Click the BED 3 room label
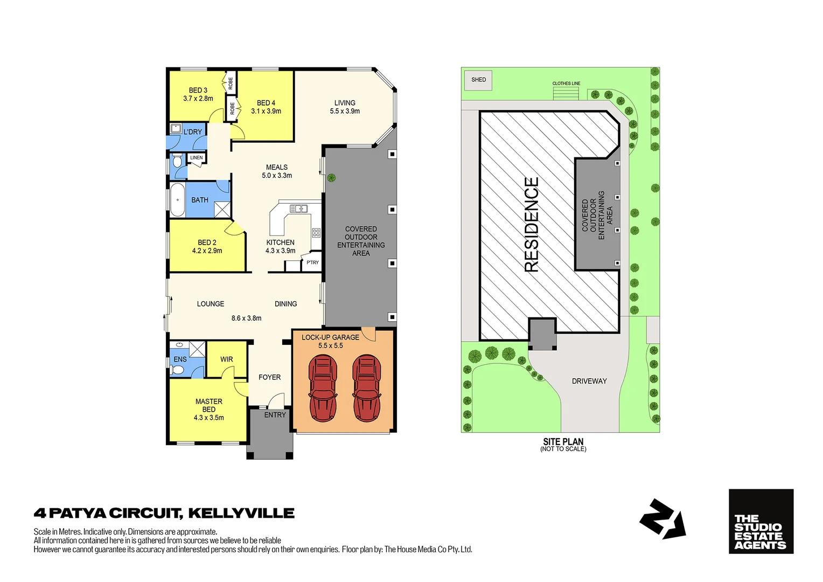[x=198, y=91]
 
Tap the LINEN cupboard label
[x=197, y=158]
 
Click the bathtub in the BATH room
[x=177, y=199]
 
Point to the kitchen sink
[x=298, y=209]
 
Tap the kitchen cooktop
[x=316, y=233]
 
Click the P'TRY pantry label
[x=312, y=262]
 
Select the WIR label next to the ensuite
[x=227, y=359]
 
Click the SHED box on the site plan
[x=478, y=80]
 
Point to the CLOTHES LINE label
[x=566, y=84]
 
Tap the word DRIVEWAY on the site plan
[x=589, y=381]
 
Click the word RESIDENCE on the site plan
[x=532, y=225]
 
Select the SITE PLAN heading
[x=563, y=441]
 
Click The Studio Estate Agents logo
[x=761, y=521]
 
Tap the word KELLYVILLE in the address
[x=241, y=513]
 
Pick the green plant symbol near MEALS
[x=332, y=177]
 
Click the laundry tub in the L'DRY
[x=176, y=129]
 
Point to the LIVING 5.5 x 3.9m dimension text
[x=345, y=111]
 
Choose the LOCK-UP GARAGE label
[x=330, y=337]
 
